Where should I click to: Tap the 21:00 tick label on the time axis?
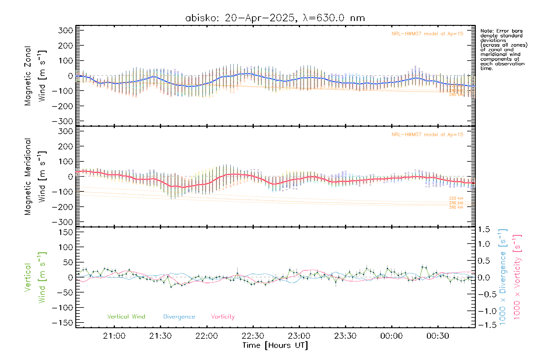point(114,336)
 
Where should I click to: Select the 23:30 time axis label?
point(345,336)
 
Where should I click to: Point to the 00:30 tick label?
point(438,336)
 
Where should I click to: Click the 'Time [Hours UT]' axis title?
point(275,345)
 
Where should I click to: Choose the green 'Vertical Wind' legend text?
point(126,316)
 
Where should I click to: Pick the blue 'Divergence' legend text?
point(179,316)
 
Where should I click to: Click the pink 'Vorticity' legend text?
point(223,316)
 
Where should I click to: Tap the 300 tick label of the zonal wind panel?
point(66,30)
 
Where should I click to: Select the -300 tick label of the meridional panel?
point(62,222)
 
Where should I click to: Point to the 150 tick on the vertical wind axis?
point(66,232)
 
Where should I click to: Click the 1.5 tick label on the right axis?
point(484,229)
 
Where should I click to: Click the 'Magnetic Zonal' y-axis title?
point(28,76)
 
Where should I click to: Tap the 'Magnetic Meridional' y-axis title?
point(28,176)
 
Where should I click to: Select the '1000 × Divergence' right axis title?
point(503,277)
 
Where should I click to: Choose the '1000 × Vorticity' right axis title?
point(517,277)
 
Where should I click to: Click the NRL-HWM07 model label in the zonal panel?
point(427,34)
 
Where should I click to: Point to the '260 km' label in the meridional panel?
point(456,207)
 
